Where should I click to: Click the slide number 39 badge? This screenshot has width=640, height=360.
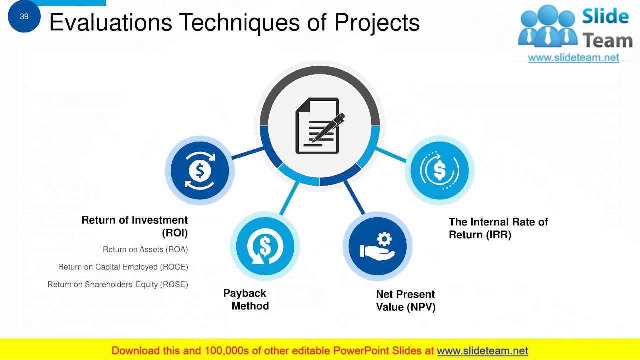click(24, 17)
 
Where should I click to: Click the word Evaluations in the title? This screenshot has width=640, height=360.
click(111, 22)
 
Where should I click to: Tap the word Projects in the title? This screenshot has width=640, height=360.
click(377, 22)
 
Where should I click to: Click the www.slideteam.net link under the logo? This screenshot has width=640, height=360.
click(573, 58)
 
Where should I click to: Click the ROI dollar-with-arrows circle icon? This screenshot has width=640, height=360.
click(200, 170)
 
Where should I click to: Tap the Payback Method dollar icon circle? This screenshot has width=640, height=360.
click(265, 246)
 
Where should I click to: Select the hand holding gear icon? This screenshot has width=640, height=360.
click(378, 246)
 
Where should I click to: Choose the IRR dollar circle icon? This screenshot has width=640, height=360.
click(439, 170)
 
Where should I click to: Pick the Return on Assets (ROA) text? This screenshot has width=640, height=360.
click(145, 249)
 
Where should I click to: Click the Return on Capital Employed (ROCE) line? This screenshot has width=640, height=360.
click(123, 267)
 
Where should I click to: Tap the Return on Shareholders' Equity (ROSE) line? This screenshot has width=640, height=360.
click(118, 284)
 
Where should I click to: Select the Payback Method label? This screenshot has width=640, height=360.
click(246, 300)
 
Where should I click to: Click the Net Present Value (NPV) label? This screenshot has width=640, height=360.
click(405, 301)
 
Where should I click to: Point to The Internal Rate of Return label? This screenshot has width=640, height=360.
click(498, 228)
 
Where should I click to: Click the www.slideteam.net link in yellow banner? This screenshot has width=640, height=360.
click(482, 351)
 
